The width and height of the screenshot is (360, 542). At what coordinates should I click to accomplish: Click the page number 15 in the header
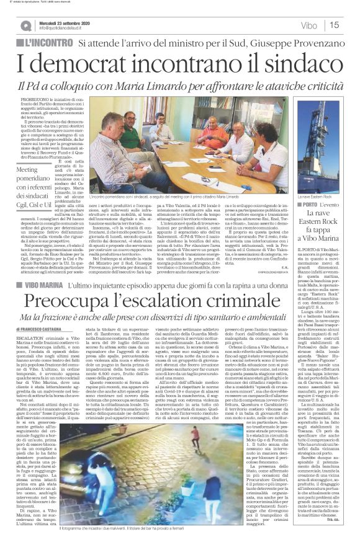point(333,25)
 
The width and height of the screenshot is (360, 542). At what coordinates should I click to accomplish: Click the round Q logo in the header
point(25,25)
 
